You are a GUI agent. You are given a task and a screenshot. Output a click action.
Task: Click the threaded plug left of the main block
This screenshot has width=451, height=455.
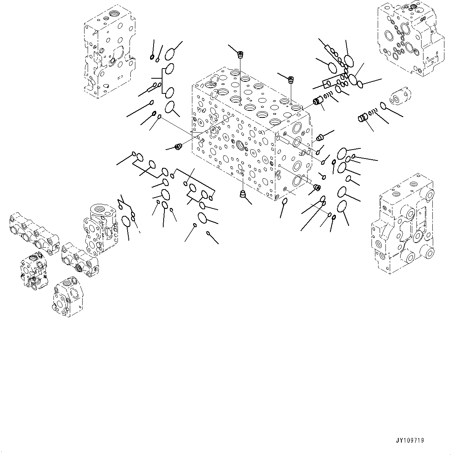(179, 146)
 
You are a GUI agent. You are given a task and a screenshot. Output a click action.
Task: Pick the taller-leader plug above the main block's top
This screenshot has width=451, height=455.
(240, 54)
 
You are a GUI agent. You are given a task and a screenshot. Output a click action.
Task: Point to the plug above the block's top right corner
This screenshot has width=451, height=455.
(290, 80)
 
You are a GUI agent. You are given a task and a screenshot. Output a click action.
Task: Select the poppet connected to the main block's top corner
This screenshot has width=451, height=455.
(318, 102)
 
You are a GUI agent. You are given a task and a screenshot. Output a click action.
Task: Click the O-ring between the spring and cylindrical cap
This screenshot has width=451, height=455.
(383, 105)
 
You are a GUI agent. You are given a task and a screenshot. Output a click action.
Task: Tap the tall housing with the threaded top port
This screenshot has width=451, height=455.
(100, 229)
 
